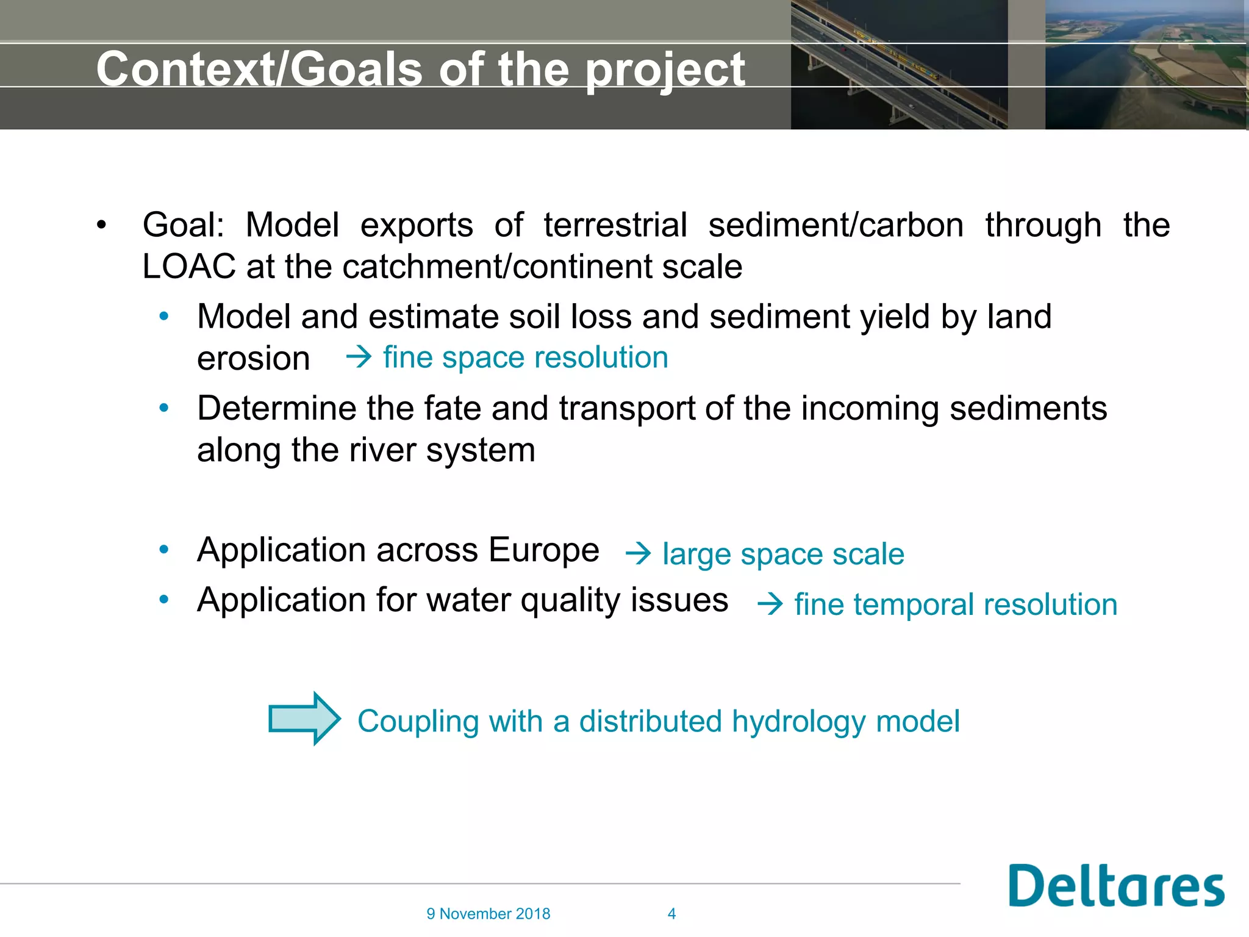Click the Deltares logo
pyautogui.click(x=1116, y=886)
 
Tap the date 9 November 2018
pyautogui.click(x=488, y=914)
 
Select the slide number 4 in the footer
pyautogui.click(x=671, y=914)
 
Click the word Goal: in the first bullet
pyautogui.click(x=183, y=225)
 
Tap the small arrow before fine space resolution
pyautogui.click(x=359, y=357)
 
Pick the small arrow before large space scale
pyautogui.click(x=639, y=554)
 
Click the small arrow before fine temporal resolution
pyautogui.click(x=770, y=605)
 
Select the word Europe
pyautogui.click(x=544, y=550)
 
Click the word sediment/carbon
pyautogui.click(x=836, y=225)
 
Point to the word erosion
pyautogui.click(x=253, y=359)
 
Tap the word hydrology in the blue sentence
pyautogui.click(x=798, y=722)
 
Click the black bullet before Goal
pyautogui.click(x=101, y=226)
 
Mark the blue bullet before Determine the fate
pyautogui.click(x=163, y=408)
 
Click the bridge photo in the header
pyautogui.click(x=898, y=65)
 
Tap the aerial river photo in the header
pyautogui.click(x=1145, y=65)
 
